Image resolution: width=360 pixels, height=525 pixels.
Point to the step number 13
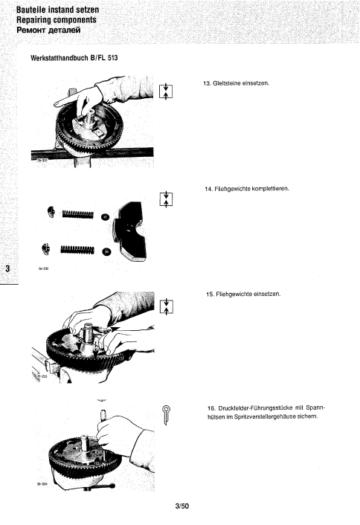[x=208, y=83]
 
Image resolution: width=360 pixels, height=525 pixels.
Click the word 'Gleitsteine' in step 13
[x=231, y=83]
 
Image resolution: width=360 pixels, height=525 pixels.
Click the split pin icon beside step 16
[x=167, y=413]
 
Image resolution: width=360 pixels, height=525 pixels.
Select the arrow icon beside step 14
[x=167, y=199]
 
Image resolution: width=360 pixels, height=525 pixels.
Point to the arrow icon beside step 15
[x=167, y=306]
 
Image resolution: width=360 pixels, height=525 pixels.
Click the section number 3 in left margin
[x=7, y=268]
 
